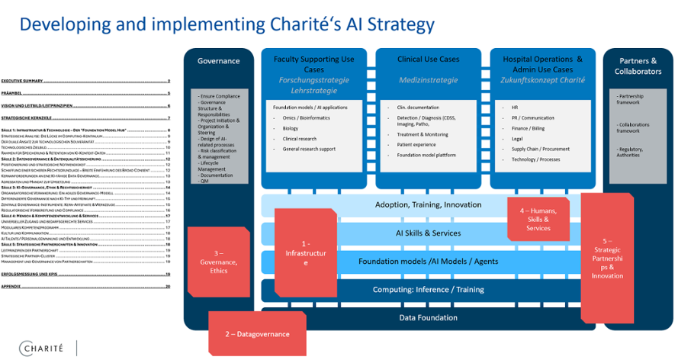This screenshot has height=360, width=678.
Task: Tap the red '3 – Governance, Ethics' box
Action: [218, 261]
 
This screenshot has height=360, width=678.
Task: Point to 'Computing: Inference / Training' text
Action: [428, 290]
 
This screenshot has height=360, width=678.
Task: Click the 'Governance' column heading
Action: [218, 61]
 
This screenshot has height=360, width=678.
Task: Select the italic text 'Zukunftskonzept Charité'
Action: [542, 79]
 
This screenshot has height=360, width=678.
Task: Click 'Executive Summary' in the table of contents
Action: [22, 81]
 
